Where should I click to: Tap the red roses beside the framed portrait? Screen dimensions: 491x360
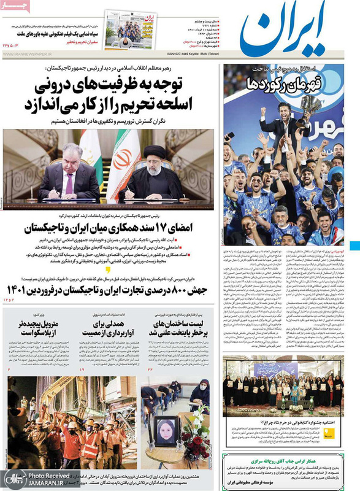coord(197,436)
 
